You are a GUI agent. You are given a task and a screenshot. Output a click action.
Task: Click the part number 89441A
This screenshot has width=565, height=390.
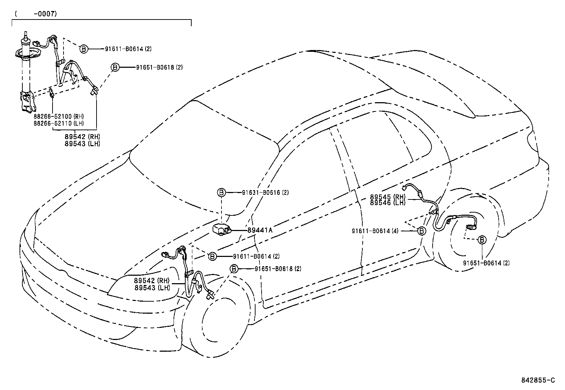260,230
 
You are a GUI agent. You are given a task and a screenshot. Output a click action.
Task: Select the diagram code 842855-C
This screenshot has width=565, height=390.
537,380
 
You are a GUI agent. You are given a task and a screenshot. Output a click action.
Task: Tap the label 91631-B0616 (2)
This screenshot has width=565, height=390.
266,193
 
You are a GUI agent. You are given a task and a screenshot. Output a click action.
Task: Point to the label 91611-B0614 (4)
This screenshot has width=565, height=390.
375,231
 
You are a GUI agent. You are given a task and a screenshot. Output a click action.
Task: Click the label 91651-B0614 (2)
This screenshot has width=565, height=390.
486,263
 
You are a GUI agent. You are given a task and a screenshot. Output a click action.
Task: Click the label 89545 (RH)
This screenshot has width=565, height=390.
388,197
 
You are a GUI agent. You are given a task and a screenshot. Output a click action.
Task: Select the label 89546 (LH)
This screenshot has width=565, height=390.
388,203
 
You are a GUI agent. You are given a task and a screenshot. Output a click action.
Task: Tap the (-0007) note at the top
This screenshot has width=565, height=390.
36,14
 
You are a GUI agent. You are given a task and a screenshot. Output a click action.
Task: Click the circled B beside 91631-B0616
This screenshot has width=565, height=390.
221,193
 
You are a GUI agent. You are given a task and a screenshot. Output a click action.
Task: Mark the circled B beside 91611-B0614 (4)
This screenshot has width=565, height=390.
421,231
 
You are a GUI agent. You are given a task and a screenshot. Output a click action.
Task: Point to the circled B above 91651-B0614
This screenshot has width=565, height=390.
482,240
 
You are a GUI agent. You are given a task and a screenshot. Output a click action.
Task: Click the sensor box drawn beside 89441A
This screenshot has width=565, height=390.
220,230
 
